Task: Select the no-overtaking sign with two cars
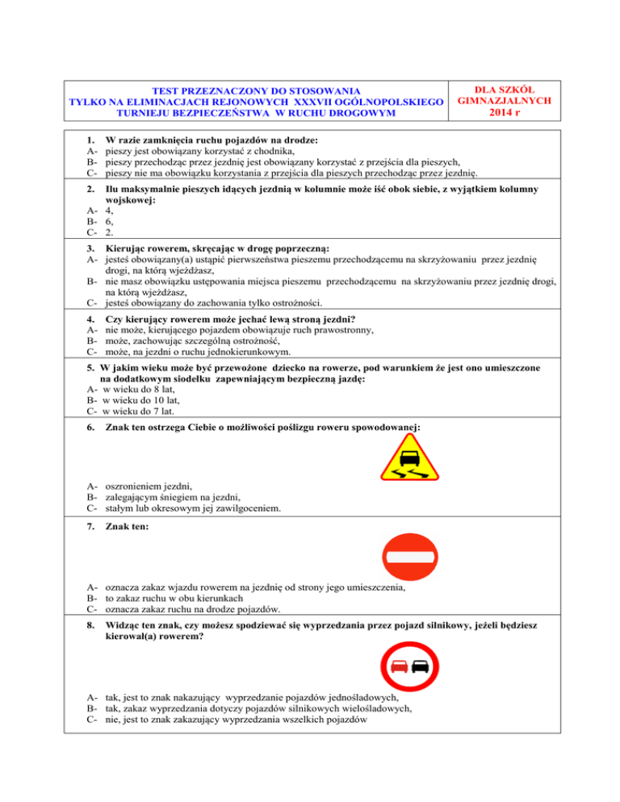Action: (408, 666)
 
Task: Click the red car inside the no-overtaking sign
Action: (397, 666)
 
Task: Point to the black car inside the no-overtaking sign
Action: (420, 666)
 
